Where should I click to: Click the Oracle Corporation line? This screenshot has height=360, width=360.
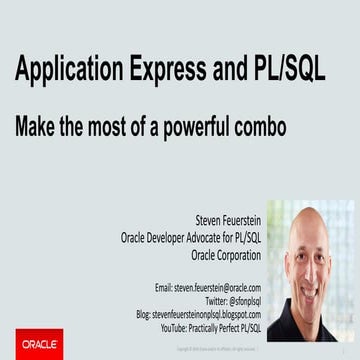pos(225,255)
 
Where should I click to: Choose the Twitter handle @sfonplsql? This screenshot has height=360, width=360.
pos(236,300)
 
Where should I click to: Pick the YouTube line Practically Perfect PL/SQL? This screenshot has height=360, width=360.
pos(219,326)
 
